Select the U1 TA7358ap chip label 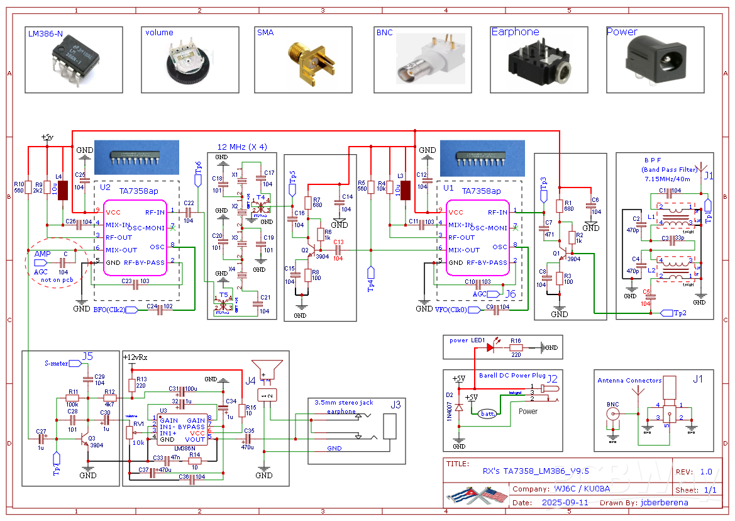(x=481, y=191)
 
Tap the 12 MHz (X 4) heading (x=242, y=147)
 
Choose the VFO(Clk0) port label (x=451, y=310)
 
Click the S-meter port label (x=57, y=363)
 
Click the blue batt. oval (x=487, y=413)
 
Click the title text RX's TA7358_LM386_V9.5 (x=535, y=471)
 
